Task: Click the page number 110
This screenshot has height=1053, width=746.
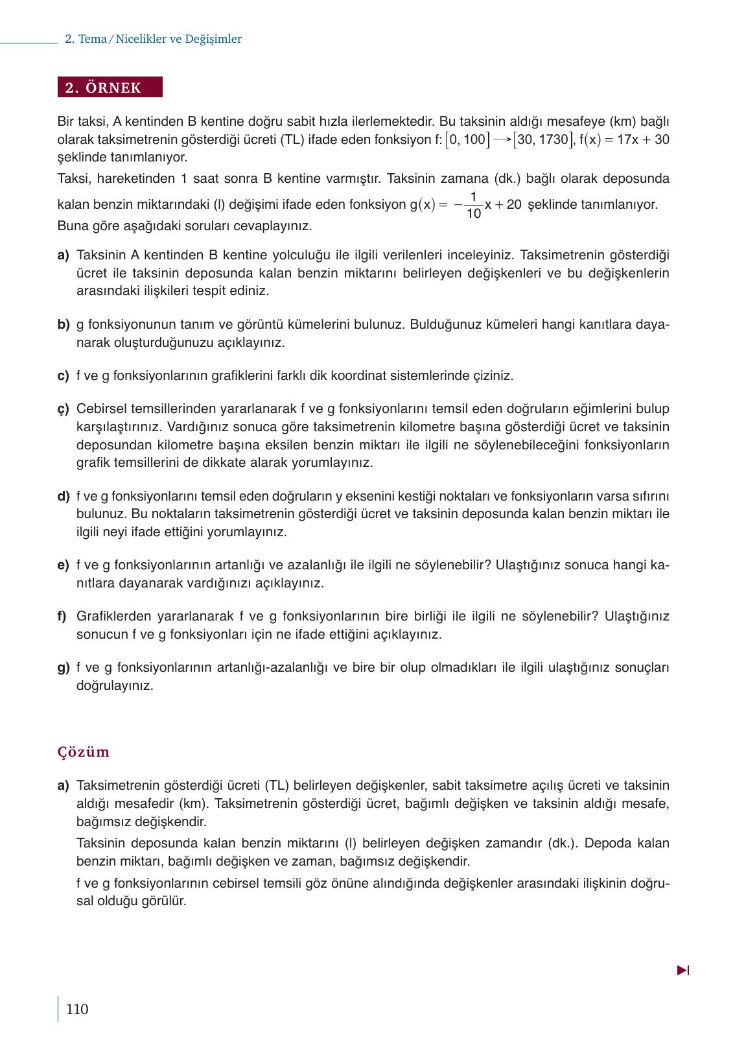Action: click(x=76, y=1009)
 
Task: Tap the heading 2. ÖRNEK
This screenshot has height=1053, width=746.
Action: click(x=110, y=88)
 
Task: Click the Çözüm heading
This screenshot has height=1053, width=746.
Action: click(x=84, y=751)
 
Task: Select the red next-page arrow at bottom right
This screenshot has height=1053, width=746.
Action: click(x=682, y=970)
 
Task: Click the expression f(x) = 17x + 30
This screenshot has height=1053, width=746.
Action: click(x=624, y=139)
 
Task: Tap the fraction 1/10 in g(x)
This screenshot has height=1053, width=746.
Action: click(x=473, y=205)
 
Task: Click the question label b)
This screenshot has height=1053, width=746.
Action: click(x=63, y=324)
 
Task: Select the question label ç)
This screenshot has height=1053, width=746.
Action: click(x=63, y=409)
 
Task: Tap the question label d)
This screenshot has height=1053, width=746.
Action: click(x=63, y=496)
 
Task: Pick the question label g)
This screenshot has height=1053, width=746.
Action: click(x=63, y=667)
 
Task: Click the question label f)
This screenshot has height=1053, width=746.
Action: click(x=62, y=616)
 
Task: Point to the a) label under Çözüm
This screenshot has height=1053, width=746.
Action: click(x=63, y=785)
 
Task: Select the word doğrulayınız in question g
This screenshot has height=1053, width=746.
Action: click(x=115, y=685)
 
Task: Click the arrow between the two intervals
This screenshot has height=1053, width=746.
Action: click(x=502, y=139)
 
